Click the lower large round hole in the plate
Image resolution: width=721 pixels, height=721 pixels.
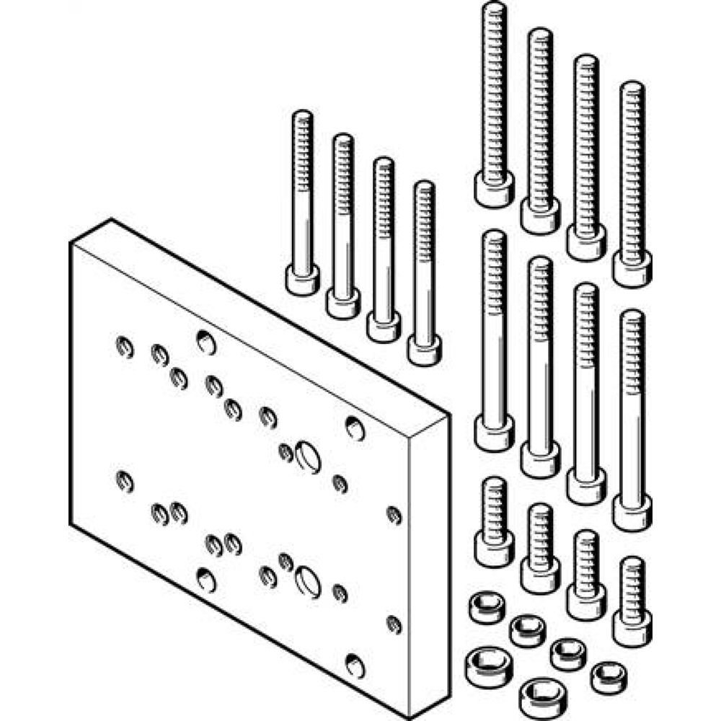point(308,580)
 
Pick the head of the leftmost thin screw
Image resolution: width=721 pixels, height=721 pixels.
point(302,279)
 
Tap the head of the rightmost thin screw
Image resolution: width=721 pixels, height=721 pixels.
point(424,349)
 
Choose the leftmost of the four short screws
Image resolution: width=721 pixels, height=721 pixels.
point(495,534)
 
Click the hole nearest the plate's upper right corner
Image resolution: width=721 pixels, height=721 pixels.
point(355,427)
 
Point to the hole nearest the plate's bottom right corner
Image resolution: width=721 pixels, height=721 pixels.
point(355,665)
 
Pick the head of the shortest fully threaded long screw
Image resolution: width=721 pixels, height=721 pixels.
point(632,269)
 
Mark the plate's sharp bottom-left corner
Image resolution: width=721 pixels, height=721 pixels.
point(71,524)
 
